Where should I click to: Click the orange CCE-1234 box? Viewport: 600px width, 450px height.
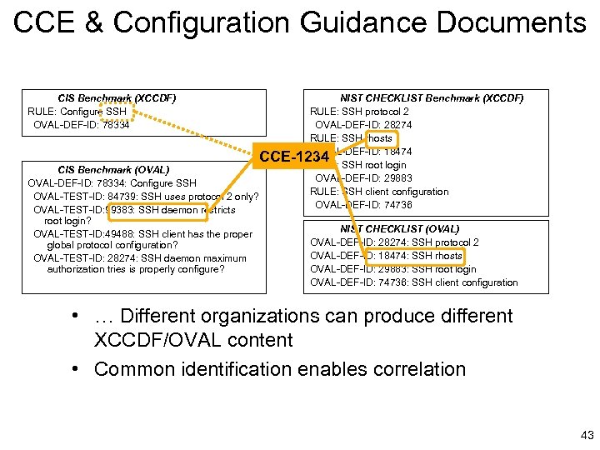coord(295,156)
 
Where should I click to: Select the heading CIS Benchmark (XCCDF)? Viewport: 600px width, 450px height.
coord(117,98)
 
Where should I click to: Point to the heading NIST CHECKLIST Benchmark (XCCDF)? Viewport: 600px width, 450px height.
coord(432,98)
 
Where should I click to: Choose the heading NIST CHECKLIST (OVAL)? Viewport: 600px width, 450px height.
coord(399,228)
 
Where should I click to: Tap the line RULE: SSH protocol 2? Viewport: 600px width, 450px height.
coord(359,112)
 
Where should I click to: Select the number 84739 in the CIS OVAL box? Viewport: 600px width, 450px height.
coord(120,197)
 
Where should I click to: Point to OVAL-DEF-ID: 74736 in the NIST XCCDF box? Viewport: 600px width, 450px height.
coord(363,205)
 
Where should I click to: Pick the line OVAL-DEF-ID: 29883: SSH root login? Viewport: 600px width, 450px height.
coord(393,269)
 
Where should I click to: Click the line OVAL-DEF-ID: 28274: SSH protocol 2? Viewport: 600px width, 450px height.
coord(394,242)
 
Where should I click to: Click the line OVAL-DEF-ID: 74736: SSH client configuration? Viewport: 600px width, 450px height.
coord(414,282)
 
